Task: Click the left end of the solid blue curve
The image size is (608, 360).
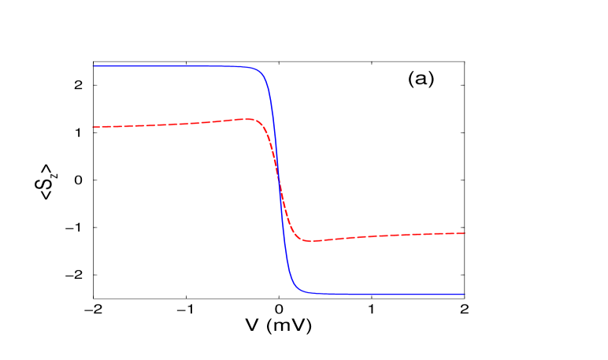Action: (94, 66)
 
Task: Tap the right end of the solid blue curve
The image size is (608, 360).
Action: (464, 294)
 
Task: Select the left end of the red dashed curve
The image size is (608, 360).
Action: (94, 127)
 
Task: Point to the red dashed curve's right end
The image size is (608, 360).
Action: (465, 233)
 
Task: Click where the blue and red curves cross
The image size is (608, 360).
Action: (279, 183)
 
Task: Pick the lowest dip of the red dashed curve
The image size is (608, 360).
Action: (310, 240)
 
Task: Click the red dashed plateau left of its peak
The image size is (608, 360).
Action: (158, 124)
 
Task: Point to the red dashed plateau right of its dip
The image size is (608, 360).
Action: (394, 235)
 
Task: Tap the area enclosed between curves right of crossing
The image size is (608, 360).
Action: (378, 264)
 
